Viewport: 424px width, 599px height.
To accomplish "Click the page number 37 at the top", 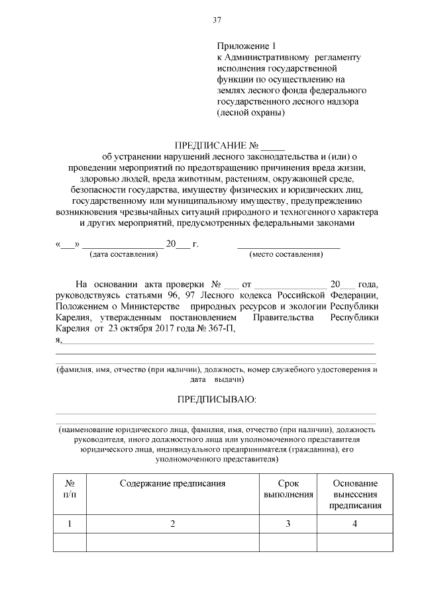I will point(216,21).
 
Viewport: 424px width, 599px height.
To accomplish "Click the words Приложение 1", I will point(244,46).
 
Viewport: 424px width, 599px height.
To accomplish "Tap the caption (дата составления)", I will point(117,254).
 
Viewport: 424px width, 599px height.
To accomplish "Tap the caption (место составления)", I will point(286,254).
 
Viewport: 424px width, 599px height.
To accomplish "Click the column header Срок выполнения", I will point(288,489).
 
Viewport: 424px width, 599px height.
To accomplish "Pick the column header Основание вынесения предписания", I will point(355,494).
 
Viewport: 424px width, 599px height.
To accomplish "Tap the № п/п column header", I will point(70,489).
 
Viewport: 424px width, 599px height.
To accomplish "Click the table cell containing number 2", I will point(172,524).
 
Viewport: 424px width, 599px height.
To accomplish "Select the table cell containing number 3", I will point(288,524).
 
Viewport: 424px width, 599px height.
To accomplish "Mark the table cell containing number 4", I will point(355,524).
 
